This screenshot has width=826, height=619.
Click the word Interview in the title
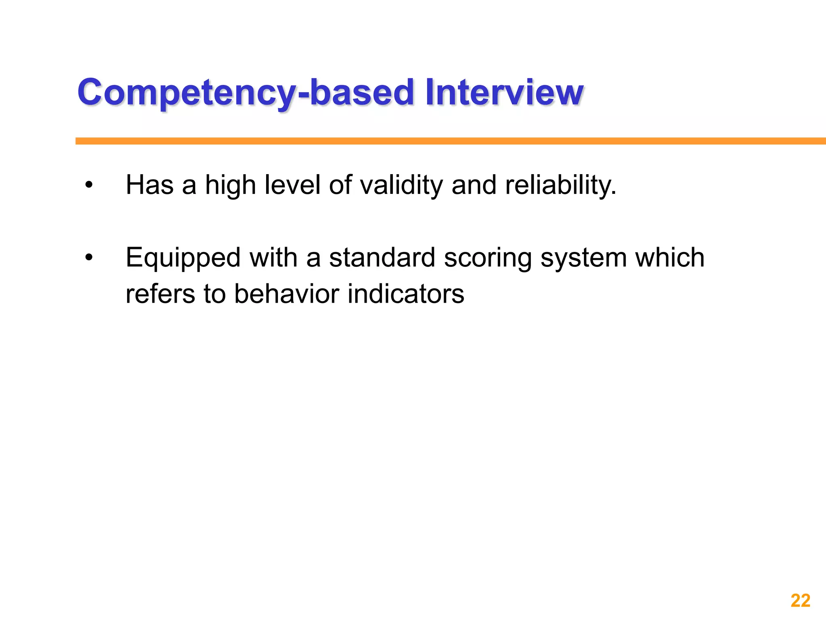(x=504, y=92)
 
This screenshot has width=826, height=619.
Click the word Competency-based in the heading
(x=246, y=92)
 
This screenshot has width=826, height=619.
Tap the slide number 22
(x=800, y=600)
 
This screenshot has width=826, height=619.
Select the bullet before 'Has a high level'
(x=89, y=185)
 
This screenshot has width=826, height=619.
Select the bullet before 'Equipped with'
(x=89, y=258)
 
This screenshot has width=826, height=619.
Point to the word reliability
(x=561, y=185)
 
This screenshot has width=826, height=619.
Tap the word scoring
(x=488, y=258)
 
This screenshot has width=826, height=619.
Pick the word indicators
(x=406, y=293)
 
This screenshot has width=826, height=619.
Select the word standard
(x=382, y=258)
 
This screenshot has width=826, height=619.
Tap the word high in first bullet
(x=230, y=185)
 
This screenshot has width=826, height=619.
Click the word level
(x=292, y=185)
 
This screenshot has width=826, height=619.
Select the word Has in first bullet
(x=150, y=185)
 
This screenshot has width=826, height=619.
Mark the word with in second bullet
(x=273, y=258)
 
